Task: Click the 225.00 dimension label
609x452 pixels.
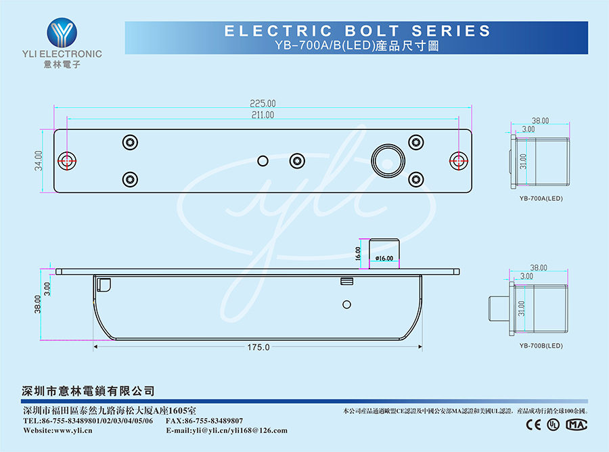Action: (263, 104)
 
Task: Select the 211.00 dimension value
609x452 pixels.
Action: (263, 115)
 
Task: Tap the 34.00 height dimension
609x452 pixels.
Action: (39, 160)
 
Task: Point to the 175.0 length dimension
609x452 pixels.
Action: (258, 347)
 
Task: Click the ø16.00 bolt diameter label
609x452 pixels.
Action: (384, 258)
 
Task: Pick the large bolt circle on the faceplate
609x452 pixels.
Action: (388, 159)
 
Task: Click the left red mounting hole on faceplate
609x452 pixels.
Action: (67, 160)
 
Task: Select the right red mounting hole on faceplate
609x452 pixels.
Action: (459, 160)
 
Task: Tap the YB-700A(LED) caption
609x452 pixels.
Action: (541, 198)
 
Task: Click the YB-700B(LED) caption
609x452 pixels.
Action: (541, 346)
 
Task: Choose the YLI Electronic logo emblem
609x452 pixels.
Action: (62, 32)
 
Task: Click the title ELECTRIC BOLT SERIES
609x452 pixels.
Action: (357, 31)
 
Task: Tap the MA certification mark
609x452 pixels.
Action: (576, 424)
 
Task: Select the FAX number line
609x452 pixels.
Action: (204, 421)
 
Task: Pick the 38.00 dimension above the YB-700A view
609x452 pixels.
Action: (540, 120)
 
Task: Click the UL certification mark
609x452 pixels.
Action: (554, 424)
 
